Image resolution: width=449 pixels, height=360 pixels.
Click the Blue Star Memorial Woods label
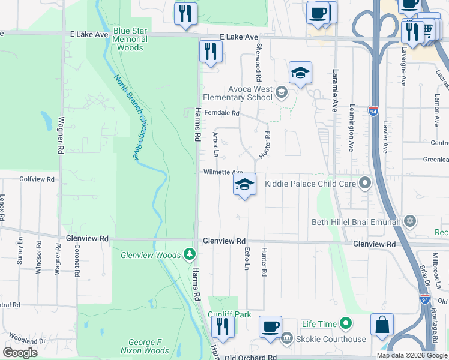130,39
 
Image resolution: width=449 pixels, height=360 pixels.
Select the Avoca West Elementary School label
237,93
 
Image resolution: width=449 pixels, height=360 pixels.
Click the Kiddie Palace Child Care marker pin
366,183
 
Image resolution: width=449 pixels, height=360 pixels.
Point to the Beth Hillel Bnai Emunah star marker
410,222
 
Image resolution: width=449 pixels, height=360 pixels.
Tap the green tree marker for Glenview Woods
190,255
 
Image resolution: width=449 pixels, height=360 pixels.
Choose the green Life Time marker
345,324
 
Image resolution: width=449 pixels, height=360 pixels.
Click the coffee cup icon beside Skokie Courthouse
270,327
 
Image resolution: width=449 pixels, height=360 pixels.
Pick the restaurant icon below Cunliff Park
223,327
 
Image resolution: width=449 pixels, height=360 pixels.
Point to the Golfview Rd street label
37,179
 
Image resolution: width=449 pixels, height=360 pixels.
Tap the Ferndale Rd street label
221,113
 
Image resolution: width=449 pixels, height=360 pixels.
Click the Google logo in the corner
20,353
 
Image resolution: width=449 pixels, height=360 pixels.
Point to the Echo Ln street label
246,259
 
